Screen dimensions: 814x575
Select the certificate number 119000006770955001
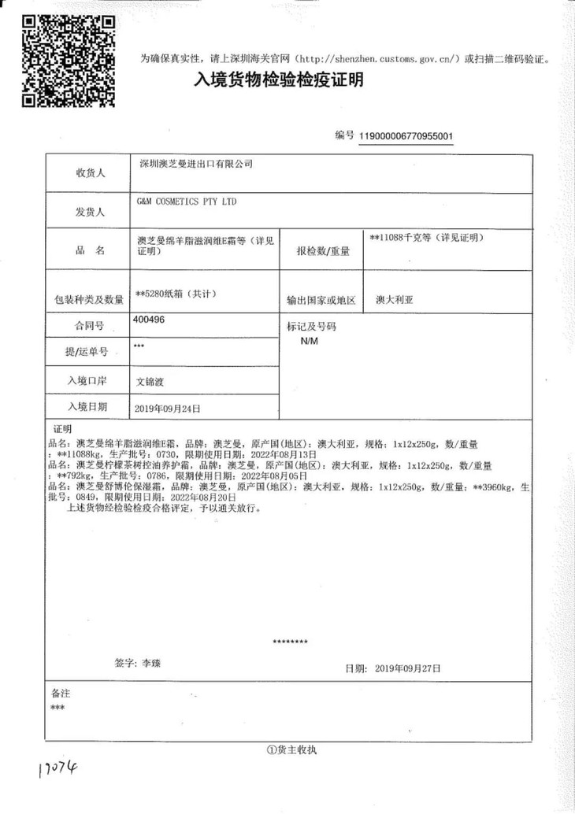tap(406, 136)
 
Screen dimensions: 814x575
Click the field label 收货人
tap(91, 174)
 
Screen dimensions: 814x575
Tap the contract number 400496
tap(150, 321)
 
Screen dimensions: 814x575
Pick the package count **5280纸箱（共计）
tap(176, 294)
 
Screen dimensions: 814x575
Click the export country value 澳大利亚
tap(395, 300)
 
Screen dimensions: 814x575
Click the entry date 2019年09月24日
tap(169, 409)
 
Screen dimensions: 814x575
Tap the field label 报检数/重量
tap(323, 251)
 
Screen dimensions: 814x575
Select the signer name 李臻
tap(150, 663)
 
